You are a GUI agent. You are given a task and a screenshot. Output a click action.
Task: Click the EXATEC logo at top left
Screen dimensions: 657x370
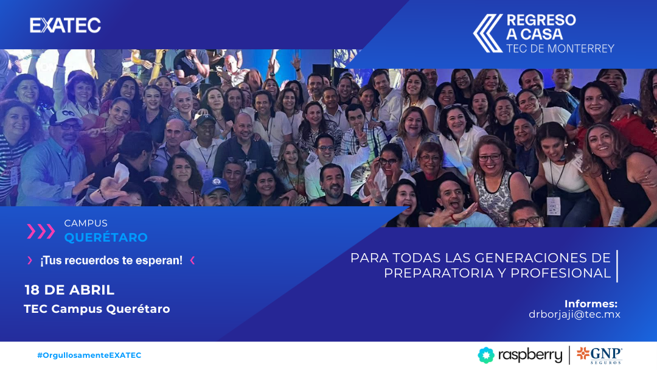(x=65, y=26)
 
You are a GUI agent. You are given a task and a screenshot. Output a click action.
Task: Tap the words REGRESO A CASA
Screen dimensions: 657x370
(x=541, y=27)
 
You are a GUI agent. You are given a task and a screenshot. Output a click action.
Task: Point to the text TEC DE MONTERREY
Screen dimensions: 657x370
(x=560, y=49)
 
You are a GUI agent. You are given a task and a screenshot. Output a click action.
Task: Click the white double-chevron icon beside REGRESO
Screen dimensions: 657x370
(x=488, y=33)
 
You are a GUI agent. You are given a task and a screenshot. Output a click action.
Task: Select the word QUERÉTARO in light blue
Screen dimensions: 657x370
(x=106, y=237)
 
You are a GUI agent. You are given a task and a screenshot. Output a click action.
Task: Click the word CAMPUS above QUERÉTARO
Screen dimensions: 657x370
(x=86, y=223)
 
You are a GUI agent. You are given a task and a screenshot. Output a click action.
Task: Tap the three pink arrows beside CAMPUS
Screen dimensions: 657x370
(x=41, y=231)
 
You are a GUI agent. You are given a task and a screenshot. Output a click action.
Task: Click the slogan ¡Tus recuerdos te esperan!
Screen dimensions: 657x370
(x=111, y=260)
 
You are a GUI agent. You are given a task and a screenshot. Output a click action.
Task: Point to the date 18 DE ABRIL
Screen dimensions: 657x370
(x=69, y=290)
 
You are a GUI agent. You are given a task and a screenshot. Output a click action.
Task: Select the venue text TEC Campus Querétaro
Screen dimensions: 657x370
(x=97, y=309)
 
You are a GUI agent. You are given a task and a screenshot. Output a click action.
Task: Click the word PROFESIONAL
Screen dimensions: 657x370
(x=561, y=273)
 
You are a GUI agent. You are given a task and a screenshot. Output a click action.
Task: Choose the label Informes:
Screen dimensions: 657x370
(x=591, y=304)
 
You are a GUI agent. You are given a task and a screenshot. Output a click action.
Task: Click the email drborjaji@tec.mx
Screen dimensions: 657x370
(x=574, y=315)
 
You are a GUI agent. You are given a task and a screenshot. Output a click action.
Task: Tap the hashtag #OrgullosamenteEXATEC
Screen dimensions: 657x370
(x=89, y=355)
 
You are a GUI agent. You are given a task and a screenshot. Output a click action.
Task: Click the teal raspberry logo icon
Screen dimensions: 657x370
(x=486, y=355)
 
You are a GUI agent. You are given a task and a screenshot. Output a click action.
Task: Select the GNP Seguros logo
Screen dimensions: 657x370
(x=600, y=355)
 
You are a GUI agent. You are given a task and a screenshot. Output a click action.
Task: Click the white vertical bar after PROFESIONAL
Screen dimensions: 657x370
(x=617, y=266)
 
